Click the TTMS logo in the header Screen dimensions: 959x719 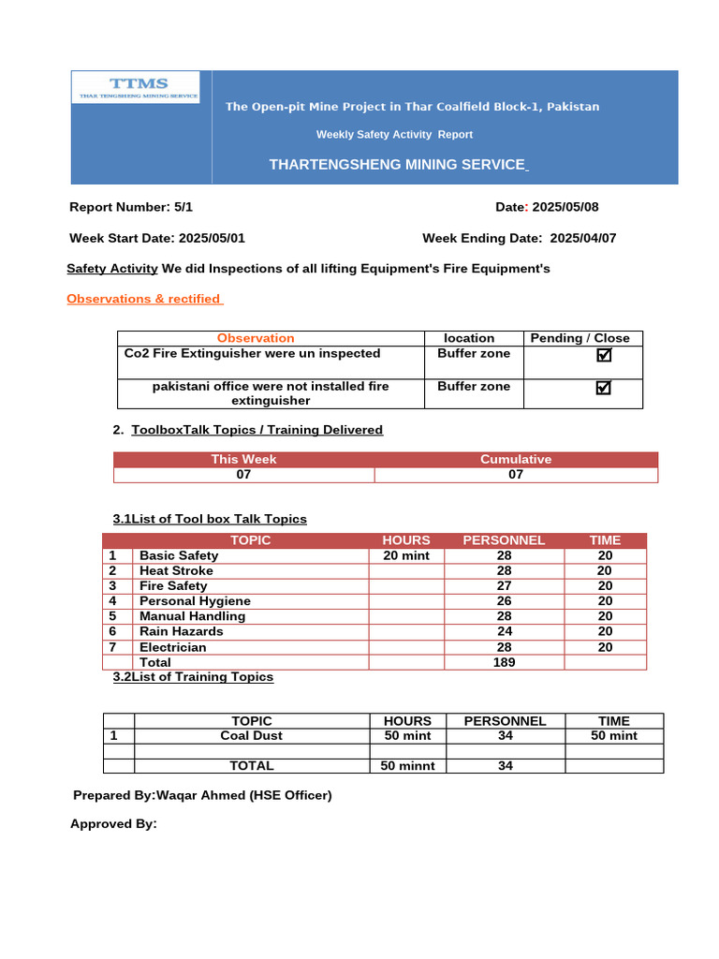(x=136, y=87)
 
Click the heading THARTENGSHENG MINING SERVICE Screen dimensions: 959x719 (x=398, y=165)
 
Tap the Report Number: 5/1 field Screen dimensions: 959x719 (x=131, y=207)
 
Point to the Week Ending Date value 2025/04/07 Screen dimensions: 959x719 (x=583, y=238)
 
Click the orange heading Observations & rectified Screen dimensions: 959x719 (x=144, y=299)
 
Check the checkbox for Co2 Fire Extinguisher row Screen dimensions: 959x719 (x=604, y=355)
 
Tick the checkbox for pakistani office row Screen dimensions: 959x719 (x=604, y=388)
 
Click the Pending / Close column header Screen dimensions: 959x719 (x=580, y=338)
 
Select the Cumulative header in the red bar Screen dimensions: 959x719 (x=516, y=459)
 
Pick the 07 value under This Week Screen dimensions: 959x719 (x=243, y=475)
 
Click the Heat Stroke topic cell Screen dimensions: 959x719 (x=176, y=570)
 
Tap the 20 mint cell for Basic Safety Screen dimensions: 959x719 (x=406, y=555)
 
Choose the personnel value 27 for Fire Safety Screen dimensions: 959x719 (x=504, y=586)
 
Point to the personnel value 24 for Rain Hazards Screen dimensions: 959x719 (x=504, y=631)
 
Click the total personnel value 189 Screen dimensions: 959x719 (x=504, y=662)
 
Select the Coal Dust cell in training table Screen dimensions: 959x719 (x=251, y=736)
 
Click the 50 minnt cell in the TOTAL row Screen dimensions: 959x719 (x=406, y=766)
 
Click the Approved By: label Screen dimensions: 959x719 (x=113, y=824)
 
